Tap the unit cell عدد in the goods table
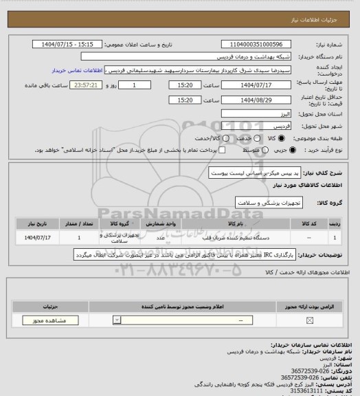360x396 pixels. click(160, 238)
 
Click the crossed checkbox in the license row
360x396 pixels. click(309, 320)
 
